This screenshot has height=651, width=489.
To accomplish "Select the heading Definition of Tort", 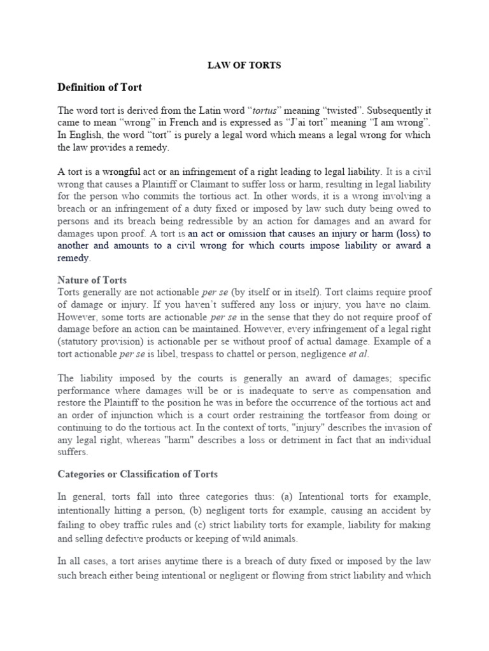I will point(100,86).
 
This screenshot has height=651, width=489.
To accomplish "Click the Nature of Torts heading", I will point(92,279).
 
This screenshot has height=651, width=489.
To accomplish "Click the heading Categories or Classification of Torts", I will point(138,474).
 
